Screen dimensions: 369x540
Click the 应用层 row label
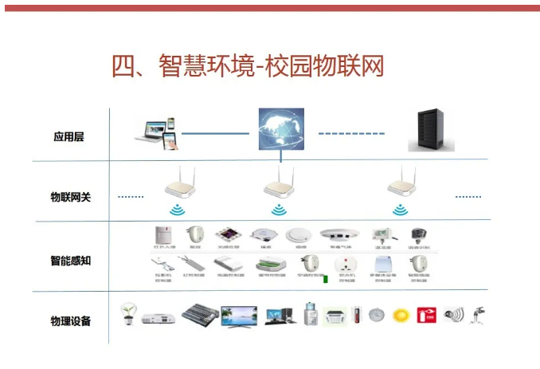(68, 136)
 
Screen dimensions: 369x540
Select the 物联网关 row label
(70, 196)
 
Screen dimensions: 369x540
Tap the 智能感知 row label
(70, 260)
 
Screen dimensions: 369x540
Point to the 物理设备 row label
(70, 320)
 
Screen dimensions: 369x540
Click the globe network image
(280, 131)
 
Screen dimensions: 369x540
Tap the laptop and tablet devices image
(157, 134)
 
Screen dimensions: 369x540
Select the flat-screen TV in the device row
(239, 315)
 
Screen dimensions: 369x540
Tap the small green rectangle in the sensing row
(325, 279)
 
